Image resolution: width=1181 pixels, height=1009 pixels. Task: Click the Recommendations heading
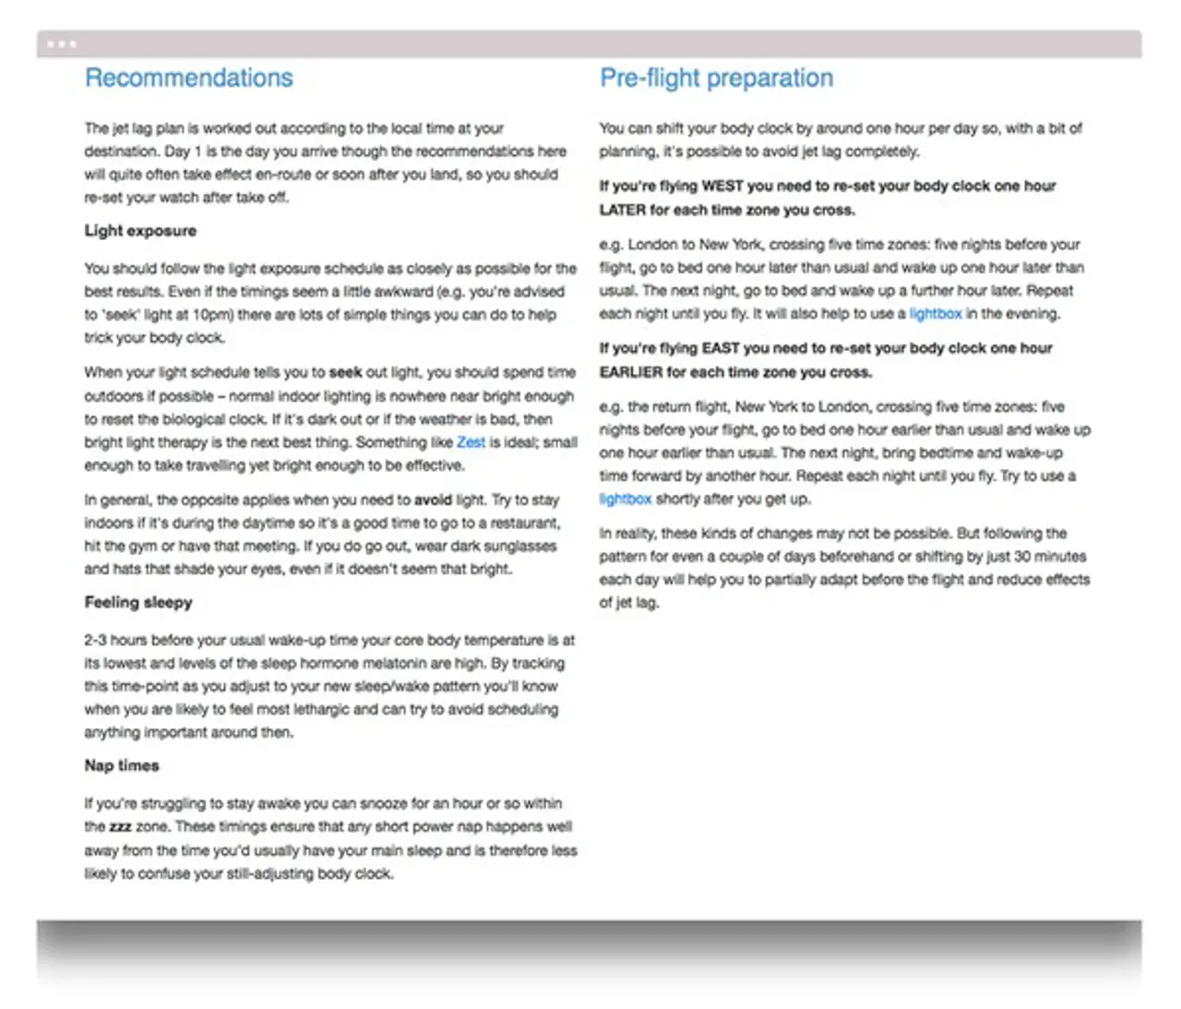[189, 78]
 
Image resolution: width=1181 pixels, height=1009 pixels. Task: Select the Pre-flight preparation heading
[716, 78]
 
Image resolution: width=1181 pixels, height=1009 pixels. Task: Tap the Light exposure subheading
[140, 231]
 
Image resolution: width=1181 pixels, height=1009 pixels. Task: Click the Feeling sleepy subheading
[138, 602]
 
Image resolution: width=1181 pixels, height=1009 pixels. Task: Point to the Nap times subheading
[122, 765]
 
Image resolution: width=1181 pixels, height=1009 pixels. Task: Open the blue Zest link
[471, 442]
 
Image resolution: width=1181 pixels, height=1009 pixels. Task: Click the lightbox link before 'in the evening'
[936, 314]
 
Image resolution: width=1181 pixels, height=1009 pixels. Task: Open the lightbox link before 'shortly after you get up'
[626, 499]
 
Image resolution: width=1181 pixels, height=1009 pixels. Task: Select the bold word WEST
[722, 186]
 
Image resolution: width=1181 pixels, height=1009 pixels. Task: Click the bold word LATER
[623, 210]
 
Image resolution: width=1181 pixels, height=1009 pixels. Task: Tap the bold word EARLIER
[631, 372]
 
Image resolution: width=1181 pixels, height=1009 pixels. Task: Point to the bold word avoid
[433, 499]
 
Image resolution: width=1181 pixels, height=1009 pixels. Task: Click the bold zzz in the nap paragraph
[121, 826]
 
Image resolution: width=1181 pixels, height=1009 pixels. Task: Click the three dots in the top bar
[61, 43]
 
